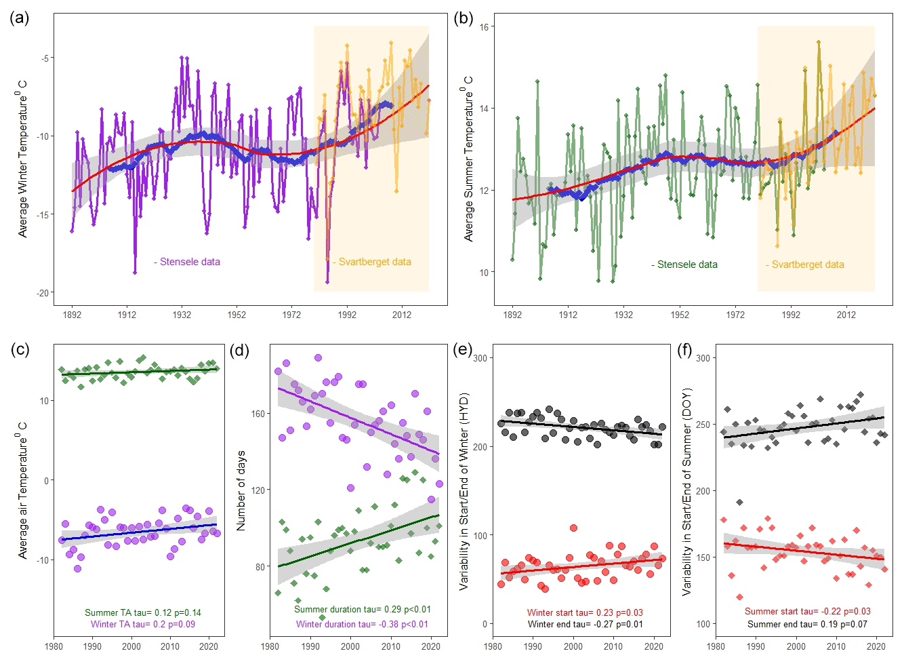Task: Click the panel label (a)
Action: [x=19, y=18]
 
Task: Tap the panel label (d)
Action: [x=239, y=350]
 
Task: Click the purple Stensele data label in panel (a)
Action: [x=187, y=262]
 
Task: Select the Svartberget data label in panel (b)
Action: [x=805, y=265]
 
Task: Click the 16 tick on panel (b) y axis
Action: [x=485, y=27]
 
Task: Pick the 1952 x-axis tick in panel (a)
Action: [x=237, y=315]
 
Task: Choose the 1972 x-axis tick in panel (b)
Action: [x=735, y=315]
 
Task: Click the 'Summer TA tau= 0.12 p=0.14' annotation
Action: [x=142, y=612]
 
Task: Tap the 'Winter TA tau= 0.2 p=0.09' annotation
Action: [x=142, y=624]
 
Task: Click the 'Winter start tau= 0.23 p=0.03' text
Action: [x=585, y=612]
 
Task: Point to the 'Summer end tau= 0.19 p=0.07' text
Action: [x=807, y=624]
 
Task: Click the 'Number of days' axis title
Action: [x=241, y=490]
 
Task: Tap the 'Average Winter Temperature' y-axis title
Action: [x=23, y=159]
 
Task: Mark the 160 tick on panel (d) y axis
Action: [x=258, y=414]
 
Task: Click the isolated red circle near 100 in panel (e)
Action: [x=573, y=528]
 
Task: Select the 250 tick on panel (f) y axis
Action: [x=703, y=425]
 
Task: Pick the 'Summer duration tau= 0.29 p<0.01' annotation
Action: [x=362, y=609]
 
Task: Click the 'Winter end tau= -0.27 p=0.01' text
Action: [x=585, y=624]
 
